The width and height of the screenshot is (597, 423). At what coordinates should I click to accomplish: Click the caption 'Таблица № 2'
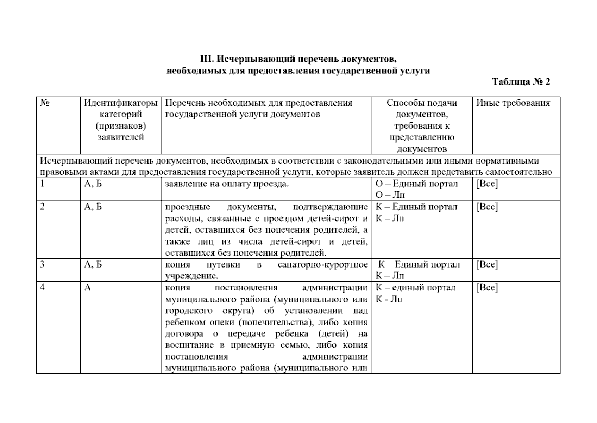pos(521,82)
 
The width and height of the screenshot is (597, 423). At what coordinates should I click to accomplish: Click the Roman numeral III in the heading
pos(207,59)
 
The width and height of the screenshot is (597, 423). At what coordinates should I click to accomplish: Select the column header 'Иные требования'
pos(513,103)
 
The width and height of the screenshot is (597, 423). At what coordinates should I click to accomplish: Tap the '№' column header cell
pos(45,103)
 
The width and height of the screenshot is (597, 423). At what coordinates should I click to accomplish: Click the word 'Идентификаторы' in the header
pos(121,103)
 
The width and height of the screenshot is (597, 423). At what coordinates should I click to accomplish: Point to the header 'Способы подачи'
pos(422,103)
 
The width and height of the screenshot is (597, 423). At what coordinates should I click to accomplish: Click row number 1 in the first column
pos(42,184)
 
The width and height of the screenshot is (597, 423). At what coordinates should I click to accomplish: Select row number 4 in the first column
pos(42,287)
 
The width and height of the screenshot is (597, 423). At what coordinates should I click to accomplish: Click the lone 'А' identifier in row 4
pos(87,288)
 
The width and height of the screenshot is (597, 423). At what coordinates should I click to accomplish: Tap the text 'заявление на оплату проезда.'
pos(227,184)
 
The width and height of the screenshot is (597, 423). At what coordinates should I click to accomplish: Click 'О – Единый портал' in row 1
pos(417,184)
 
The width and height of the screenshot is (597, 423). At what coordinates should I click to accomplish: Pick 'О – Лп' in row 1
pos(390,195)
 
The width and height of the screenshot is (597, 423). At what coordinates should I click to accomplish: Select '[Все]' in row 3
pos(487,264)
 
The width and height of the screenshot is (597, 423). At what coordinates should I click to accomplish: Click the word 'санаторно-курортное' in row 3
pos(322,264)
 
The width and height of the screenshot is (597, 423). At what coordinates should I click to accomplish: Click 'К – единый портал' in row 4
pos(415,288)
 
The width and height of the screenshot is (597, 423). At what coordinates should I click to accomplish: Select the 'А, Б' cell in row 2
pos(93,207)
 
